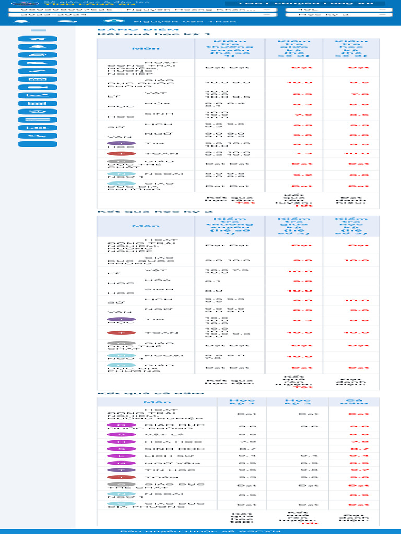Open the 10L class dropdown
pyautogui.click(x=338, y=9)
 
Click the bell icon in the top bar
pyautogui.click(x=21, y=22)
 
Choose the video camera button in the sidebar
pyautogui.click(x=38, y=87)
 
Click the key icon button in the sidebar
pyautogui.click(x=38, y=136)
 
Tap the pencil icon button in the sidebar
pyautogui.click(x=38, y=71)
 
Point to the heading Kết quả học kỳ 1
pyautogui.click(x=125, y=34)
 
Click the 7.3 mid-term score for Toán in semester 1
pyautogui.click(x=294, y=154)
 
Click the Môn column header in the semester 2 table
pyautogui.click(x=139, y=226)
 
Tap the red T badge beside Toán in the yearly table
pyautogui.click(x=121, y=477)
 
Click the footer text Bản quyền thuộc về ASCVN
pyautogui.click(x=200, y=531)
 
